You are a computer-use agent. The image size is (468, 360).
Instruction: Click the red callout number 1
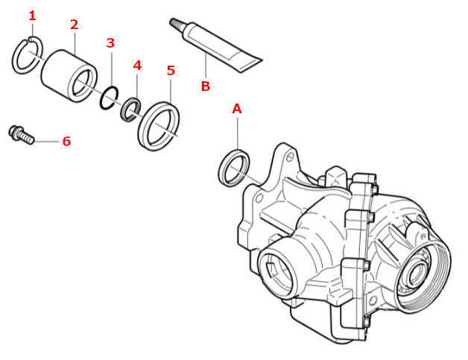(x=31, y=16)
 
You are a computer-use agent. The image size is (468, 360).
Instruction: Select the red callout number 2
(x=74, y=25)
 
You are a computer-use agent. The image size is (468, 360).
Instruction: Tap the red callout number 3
(x=110, y=43)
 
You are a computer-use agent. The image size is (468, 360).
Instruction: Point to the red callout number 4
(x=137, y=66)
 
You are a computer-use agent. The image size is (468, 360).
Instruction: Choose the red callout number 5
(x=171, y=71)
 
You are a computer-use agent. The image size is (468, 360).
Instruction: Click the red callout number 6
(x=66, y=141)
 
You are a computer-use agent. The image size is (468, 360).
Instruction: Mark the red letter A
(x=237, y=109)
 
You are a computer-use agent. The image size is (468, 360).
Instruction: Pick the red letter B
(x=205, y=86)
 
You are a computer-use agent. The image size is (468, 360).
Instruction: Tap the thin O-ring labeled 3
(x=109, y=97)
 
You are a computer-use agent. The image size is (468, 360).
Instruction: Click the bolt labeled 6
(x=19, y=135)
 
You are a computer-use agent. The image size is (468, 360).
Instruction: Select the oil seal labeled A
(x=234, y=168)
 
